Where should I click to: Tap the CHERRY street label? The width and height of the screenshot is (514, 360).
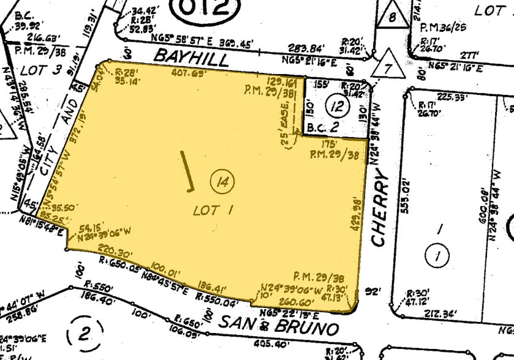(380, 209)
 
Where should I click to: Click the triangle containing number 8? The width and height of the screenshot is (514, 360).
(391, 15)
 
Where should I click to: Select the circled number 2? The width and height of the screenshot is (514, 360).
(83, 334)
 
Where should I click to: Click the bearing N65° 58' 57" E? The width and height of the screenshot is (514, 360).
(198, 43)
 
